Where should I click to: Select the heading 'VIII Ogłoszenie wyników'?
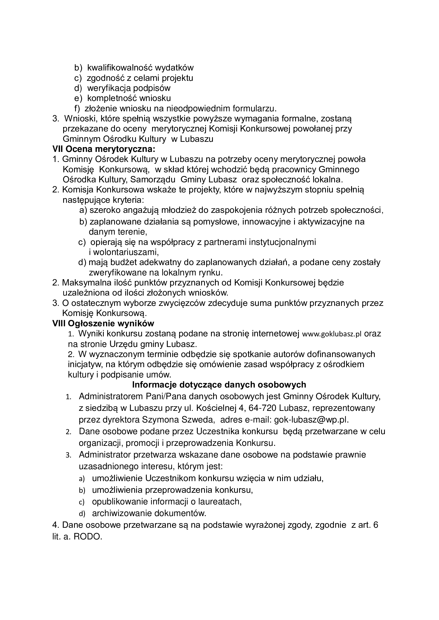[103, 323]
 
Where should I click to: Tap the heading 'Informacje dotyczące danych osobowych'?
[219, 384]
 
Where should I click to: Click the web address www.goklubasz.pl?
[332, 334]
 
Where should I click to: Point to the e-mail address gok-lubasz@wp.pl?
[311, 420]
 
